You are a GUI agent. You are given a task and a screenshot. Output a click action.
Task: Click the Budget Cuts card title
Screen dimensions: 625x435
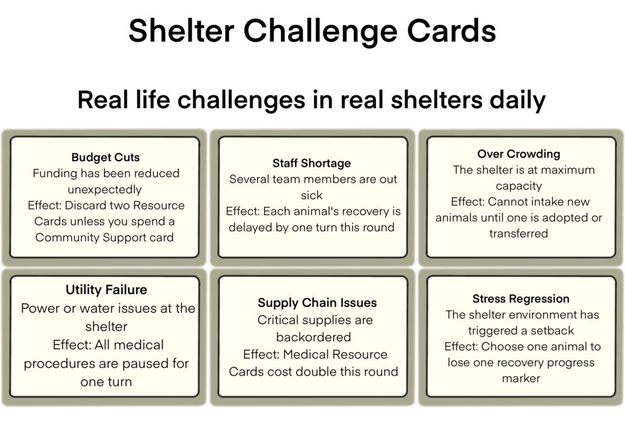pos(106,157)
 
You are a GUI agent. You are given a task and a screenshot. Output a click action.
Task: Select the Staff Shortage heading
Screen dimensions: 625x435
pos(312,163)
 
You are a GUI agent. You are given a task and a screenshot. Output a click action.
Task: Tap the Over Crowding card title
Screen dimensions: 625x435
pos(519,154)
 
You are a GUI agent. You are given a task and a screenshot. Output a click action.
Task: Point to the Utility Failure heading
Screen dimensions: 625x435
pos(106,290)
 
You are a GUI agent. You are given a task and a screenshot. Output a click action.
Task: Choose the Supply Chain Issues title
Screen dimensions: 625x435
pos(317,302)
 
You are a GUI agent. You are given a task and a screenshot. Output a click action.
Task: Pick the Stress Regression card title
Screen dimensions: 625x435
pos(521,299)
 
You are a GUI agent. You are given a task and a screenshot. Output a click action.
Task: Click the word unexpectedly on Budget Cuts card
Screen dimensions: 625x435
pos(104,189)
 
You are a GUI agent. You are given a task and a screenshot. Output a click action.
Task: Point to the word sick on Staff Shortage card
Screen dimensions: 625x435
pos(312,195)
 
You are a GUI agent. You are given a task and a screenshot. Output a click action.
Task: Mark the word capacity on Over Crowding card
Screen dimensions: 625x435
pos(519,186)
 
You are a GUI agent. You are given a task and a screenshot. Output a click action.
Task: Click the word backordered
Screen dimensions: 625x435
pos(314,337)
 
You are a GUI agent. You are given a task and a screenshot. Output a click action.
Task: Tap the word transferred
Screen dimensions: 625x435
pos(519,233)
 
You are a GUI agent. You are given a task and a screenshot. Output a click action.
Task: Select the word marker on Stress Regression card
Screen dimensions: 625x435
pos(521,378)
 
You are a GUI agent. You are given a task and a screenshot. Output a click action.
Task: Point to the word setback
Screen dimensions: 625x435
pos(552,331)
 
